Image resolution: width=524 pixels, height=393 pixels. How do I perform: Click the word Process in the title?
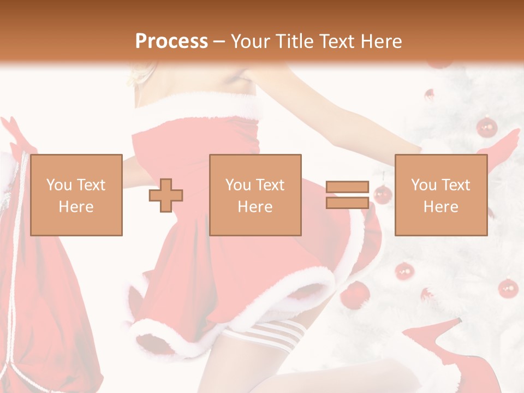tap(171, 41)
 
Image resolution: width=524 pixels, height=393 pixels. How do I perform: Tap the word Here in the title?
tap(380, 41)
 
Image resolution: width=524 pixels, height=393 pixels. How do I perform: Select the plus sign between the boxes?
tap(166, 195)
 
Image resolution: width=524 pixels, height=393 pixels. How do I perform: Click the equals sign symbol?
tap(347, 195)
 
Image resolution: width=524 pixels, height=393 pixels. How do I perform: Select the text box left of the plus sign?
tap(76, 195)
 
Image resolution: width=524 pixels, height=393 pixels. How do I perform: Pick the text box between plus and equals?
tap(255, 195)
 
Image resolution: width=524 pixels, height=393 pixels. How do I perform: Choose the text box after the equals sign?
tap(441, 195)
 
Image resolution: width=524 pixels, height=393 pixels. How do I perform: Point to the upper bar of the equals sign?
tap(347, 187)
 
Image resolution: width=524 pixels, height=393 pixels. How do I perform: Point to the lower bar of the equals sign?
tap(347, 203)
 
